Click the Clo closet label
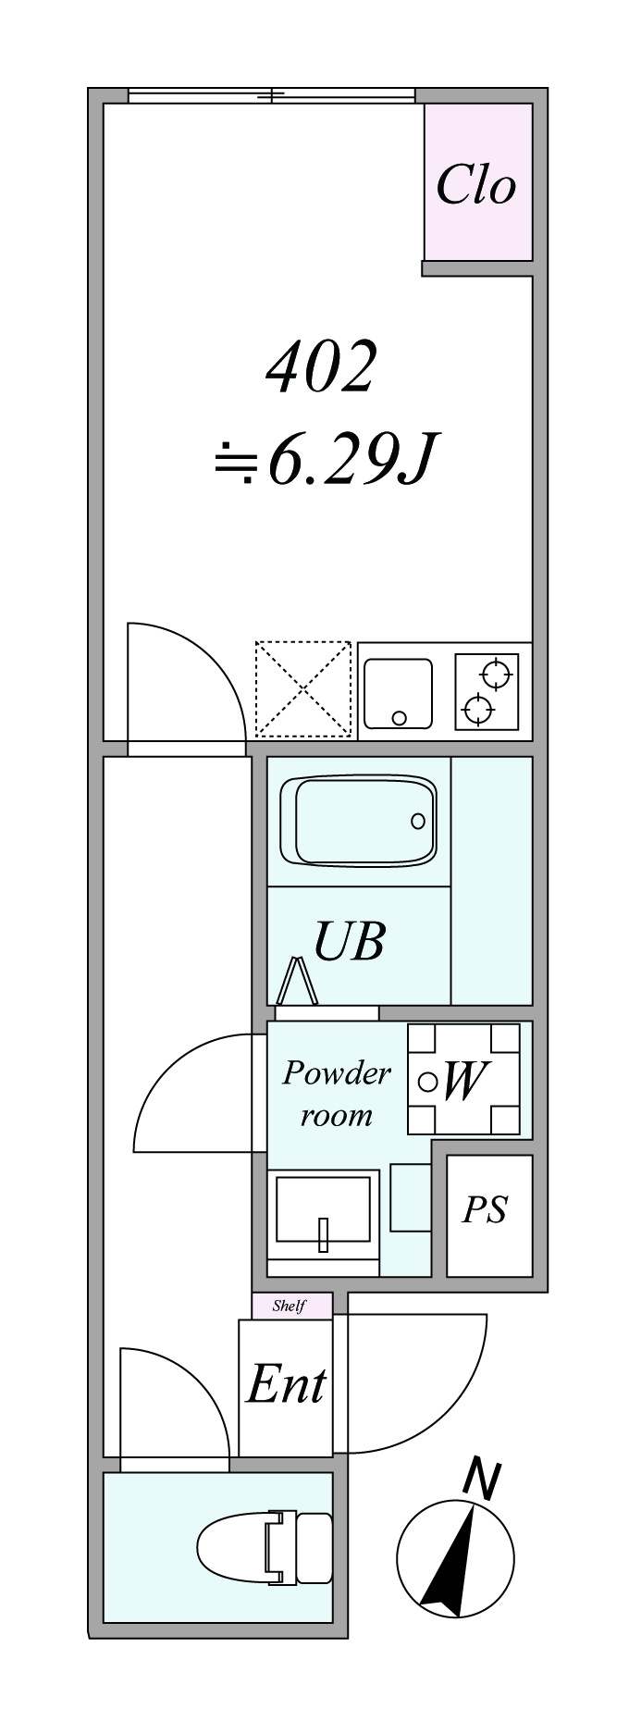tap(475, 184)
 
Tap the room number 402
tap(321, 366)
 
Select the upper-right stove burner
tap(497, 673)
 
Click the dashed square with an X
tap(303, 688)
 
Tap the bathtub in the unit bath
tap(364, 821)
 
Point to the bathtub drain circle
tap(418, 821)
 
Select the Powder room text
tap(336, 1093)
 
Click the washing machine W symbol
tap(463, 1079)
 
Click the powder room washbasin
tap(323, 1216)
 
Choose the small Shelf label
tap(289, 1307)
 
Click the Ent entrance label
tap(286, 1384)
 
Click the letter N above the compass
tap(481, 1479)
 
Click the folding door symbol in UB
tap(299, 981)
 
